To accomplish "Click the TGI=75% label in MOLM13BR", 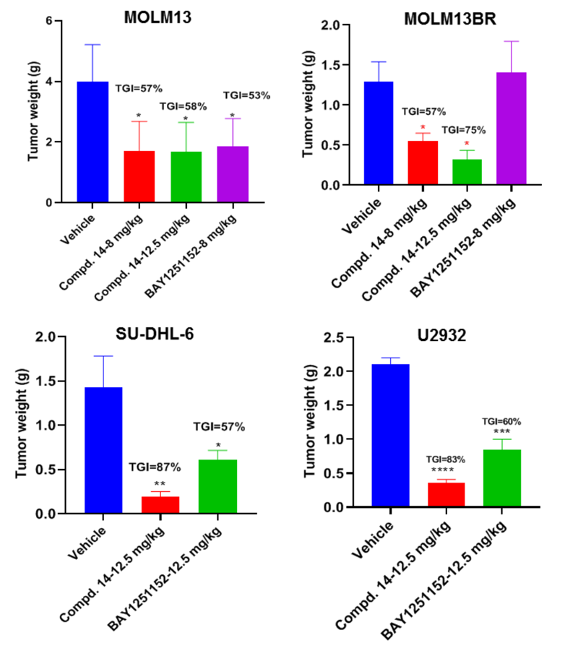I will (x=464, y=131).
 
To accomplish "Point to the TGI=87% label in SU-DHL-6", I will (x=155, y=467).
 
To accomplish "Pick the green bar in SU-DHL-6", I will (x=217, y=486).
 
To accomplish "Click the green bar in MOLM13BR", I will (x=467, y=172).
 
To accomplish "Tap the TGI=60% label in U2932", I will (x=502, y=422).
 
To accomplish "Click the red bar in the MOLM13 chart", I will (x=139, y=177).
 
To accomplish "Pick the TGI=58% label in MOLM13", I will (x=184, y=106).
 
